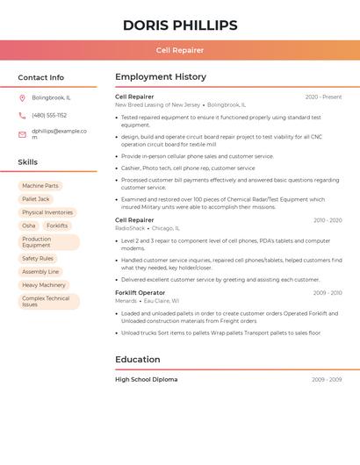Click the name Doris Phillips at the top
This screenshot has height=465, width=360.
pos(180,25)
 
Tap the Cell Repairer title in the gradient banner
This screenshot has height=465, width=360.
pos(180,51)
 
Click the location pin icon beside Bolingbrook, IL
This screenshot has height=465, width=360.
pos(22,97)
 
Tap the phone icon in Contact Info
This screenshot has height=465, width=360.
pos(22,116)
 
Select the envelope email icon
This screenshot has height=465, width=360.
pos(22,134)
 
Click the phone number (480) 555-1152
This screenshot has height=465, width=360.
pos(49,116)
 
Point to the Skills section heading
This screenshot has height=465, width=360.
pos(28,162)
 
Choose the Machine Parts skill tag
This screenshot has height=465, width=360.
pos(40,186)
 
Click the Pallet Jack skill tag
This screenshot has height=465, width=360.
pos(36,199)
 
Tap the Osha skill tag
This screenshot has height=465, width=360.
pos(29,225)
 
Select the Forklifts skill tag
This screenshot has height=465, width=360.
pos(57,225)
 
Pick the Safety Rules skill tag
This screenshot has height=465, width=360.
pos(38,259)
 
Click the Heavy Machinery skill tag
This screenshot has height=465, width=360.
pos(44,285)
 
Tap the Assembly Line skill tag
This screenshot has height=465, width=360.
pos(40,272)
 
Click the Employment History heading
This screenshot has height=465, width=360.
pos(161,77)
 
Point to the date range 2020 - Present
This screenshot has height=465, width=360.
pos(323,97)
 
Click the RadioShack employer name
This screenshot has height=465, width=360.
pos(130,228)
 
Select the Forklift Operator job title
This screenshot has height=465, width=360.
pos(140,292)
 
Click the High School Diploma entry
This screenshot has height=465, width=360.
pos(146,379)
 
